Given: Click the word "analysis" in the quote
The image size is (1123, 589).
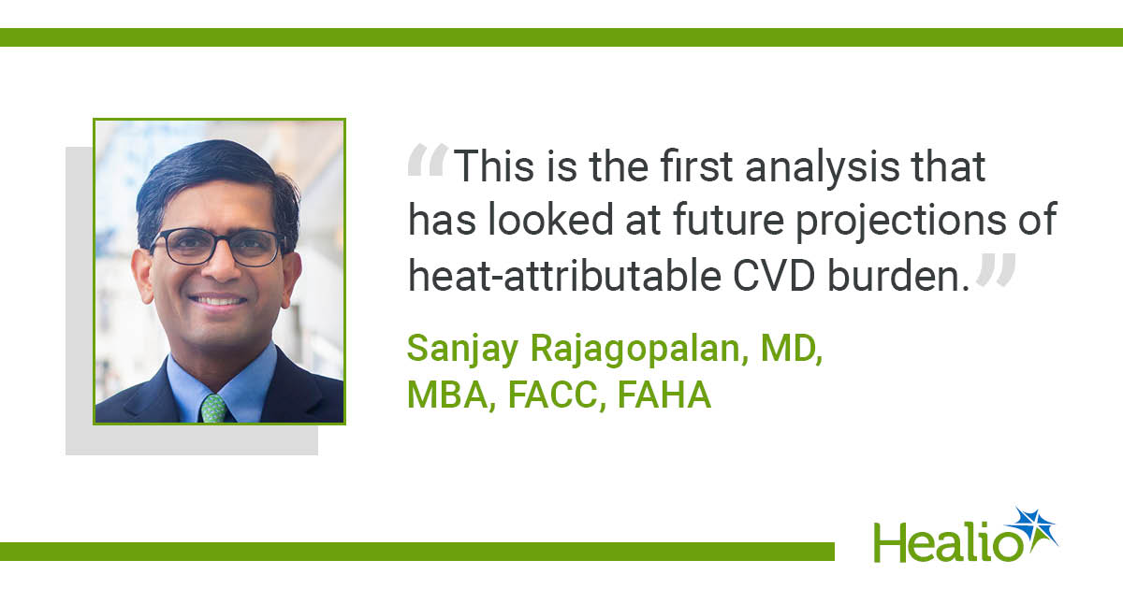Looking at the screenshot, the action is pyautogui.click(x=823, y=167).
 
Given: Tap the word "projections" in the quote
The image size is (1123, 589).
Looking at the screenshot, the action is pyautogui.click(x=901, y=222).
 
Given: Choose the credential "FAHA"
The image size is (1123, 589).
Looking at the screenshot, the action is pyautogui.click(x=664, y=395).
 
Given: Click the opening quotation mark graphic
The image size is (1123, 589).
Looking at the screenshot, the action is pyautogui.click(x=428, y=160).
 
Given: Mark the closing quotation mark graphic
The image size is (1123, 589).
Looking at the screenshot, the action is pyautogui.click(x=996, y=269).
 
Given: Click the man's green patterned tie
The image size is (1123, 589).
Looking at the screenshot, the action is pyautogui.click(x=214, y=409).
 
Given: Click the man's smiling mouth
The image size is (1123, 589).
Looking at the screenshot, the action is pyautogui.click(x=218, y=300).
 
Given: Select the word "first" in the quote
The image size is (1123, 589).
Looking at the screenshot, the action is pyautogui.click(x=696, y=166).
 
